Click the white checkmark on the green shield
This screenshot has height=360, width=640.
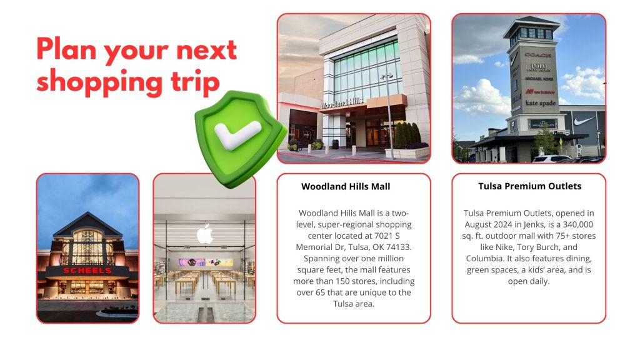237,135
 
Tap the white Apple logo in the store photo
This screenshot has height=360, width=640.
205,234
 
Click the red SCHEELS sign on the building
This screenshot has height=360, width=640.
87,271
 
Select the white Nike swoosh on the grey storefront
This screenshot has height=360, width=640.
583,121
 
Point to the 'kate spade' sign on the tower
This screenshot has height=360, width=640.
541,103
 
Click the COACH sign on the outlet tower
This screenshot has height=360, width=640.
538,55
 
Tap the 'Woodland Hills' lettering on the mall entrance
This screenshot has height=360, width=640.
342,102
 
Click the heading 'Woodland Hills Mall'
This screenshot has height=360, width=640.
346,186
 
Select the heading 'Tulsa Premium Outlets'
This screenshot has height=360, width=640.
530,186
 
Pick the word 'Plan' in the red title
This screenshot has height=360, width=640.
66,49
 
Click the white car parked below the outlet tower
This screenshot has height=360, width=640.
552,159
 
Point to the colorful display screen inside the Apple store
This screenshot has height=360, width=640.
205,262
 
